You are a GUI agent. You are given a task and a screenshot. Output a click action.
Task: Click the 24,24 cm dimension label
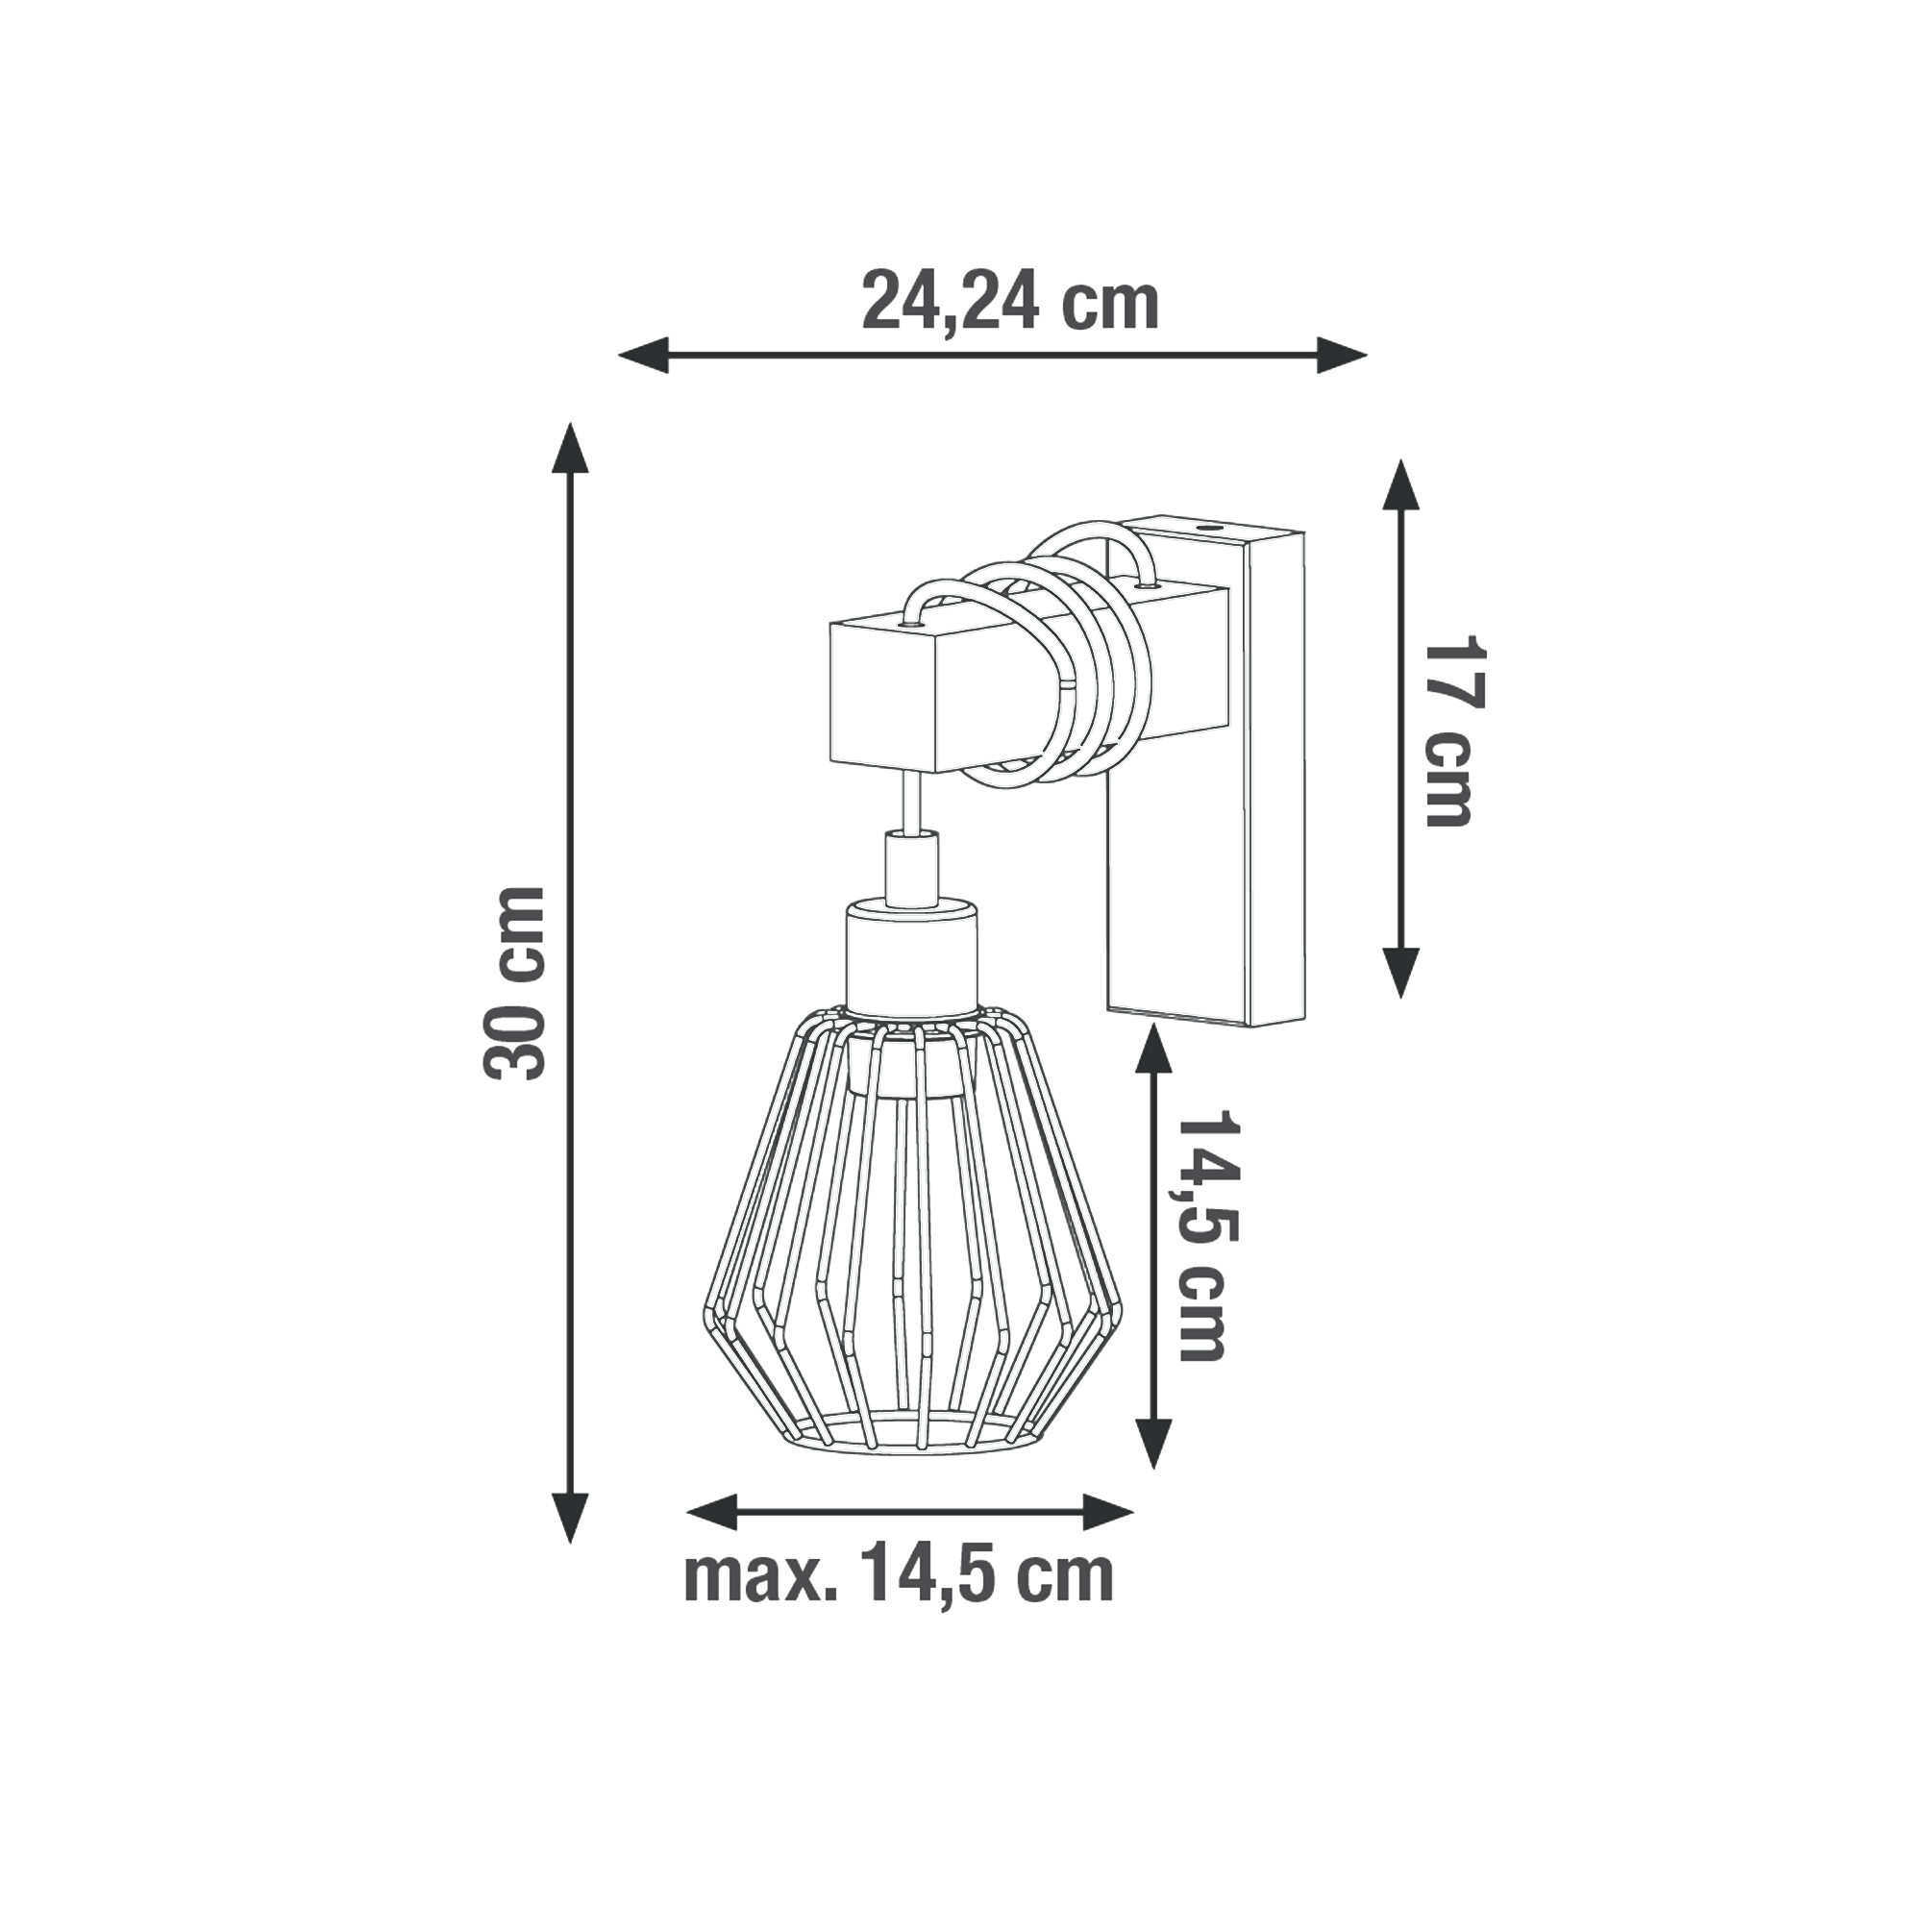[1010, 302]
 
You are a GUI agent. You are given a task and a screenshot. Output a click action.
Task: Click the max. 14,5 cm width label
[899, 1577]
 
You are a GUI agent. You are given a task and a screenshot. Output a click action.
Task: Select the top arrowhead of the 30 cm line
[570, 447]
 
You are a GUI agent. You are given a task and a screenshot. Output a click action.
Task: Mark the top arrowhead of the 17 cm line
[1401, 484]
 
